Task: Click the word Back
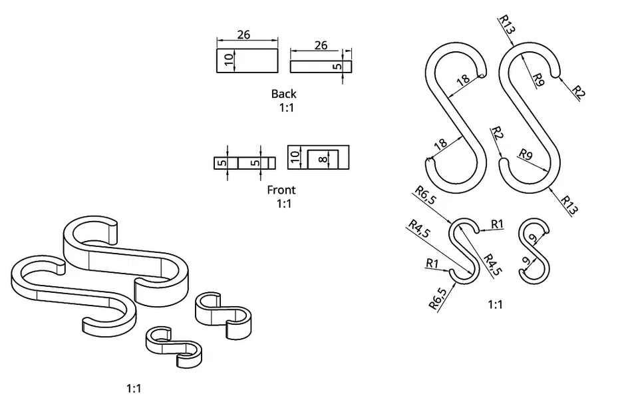pos(283,94)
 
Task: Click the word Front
pos(281,190)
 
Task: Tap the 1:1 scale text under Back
pos(285,107)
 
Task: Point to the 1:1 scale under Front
pos(284,204)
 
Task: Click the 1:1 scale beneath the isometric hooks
pos(134,388)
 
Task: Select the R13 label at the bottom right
pos(569,204)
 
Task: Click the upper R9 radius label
pos(538,80)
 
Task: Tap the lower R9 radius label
pos(526,156)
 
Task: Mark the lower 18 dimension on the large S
pos(440,144)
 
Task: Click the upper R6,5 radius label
pos(425,196)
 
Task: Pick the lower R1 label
pos(432,263)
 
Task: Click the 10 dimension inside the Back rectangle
pos(228,60)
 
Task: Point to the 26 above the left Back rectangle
pos(243,35)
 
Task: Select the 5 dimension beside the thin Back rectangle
pos(338,67)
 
